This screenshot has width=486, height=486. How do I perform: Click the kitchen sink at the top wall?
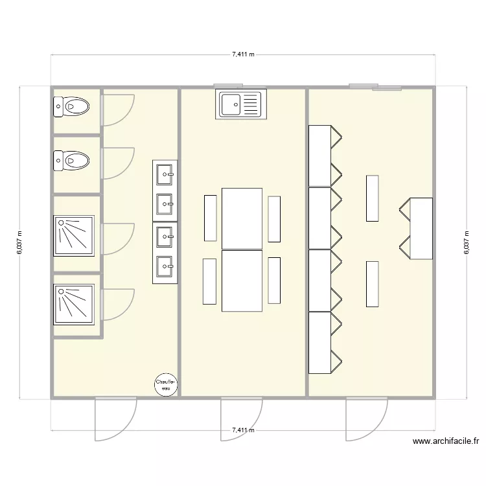coord(241,104)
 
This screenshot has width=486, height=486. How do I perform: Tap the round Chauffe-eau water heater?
coord(165,386)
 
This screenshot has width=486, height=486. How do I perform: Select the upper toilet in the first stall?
coord(71,106)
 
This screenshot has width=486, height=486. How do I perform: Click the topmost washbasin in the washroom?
coord(165,173)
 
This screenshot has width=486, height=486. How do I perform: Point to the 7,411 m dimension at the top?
coord(243,55)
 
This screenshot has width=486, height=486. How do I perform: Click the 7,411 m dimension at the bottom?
coord(243,430)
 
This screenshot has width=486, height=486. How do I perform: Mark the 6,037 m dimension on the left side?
coord(19,242)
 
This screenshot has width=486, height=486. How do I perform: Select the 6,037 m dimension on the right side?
coord(466,242)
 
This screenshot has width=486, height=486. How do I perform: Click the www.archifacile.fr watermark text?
coord(446,442)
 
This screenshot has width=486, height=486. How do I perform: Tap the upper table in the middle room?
coord(242,218)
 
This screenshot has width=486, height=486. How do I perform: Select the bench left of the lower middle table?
coord(209,281)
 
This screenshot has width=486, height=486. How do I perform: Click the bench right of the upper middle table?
coord(274,218)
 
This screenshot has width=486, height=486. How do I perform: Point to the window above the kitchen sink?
coord(228,85)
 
